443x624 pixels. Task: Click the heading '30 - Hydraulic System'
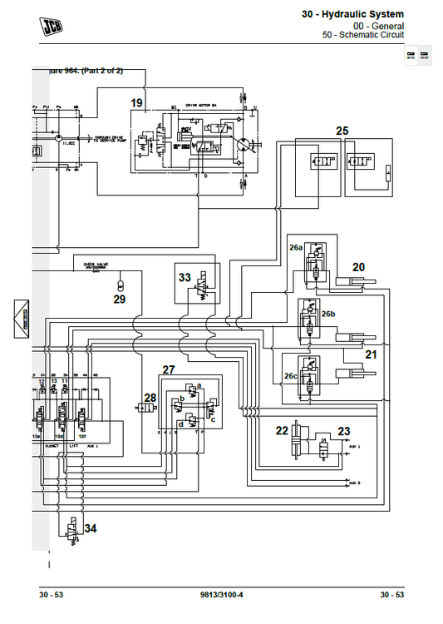pos(352,14)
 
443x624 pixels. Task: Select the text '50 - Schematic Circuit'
pos(363,36)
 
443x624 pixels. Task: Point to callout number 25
pos(342,131)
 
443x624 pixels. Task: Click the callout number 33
pos(185,277)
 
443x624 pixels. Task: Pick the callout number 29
pos(120,299)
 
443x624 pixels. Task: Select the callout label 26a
pos(296,248)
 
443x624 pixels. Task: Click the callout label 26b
pos(328,314)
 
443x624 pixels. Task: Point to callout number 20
pos(358,267)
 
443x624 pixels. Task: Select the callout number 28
pos(150,398)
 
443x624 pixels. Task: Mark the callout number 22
pos(282,430)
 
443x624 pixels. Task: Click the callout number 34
pos(90,528)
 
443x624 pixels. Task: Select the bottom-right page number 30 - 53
pos(391,594)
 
